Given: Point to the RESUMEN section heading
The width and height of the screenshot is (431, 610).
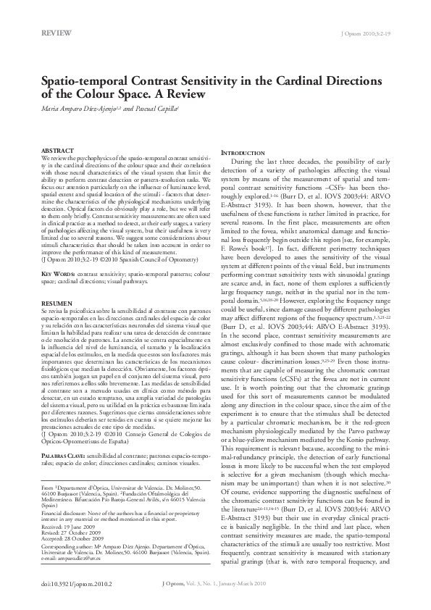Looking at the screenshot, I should [x=56, y=323].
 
